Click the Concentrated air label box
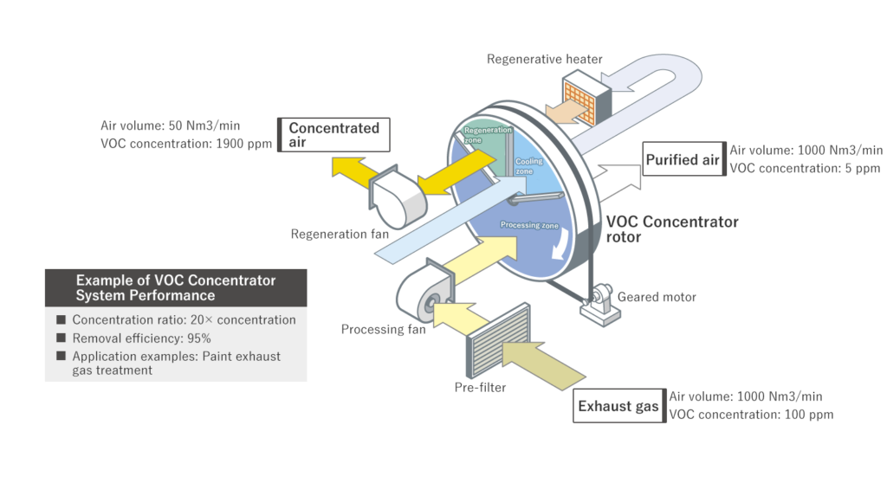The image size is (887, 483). tap(333, 135)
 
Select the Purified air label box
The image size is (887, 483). tap(683, 159)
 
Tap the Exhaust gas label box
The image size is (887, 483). tap(618, 406)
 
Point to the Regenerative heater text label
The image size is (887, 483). tap(544, 60)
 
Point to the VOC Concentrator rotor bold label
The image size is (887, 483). tap(672, 229)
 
